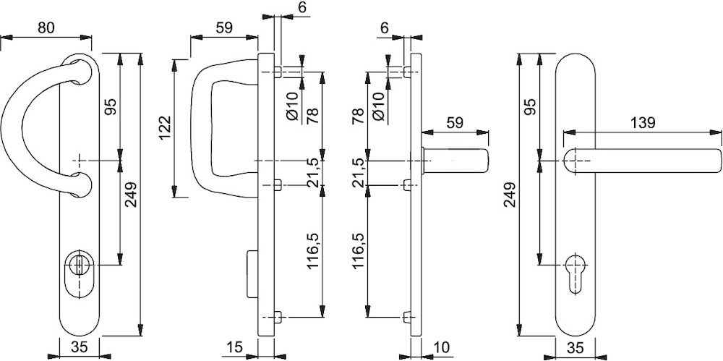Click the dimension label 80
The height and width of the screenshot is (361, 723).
46,28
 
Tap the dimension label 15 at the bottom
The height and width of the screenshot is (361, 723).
235,347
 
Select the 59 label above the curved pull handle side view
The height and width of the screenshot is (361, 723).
223,28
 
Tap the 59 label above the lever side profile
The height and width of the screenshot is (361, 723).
454,123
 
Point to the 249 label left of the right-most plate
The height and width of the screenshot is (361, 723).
510,195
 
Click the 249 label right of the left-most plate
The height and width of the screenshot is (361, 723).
131,195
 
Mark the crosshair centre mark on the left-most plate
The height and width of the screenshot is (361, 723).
80,160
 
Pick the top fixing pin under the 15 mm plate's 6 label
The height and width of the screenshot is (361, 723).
278,72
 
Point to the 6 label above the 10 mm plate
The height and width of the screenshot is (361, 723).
384,28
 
